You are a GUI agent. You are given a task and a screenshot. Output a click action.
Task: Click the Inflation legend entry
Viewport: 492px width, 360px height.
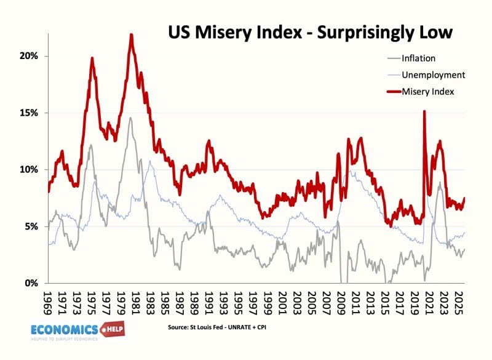[419, 59]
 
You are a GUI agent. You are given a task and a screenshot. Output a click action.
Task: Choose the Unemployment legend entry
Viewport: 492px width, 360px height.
[433, 75]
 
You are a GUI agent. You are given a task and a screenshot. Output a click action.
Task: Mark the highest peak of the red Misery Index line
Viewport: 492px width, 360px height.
[131, 35]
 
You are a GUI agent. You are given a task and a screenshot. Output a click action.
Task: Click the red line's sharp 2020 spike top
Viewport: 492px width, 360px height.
[424, 111]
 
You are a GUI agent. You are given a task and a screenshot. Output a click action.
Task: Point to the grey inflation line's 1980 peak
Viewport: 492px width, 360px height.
[130, 118]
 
